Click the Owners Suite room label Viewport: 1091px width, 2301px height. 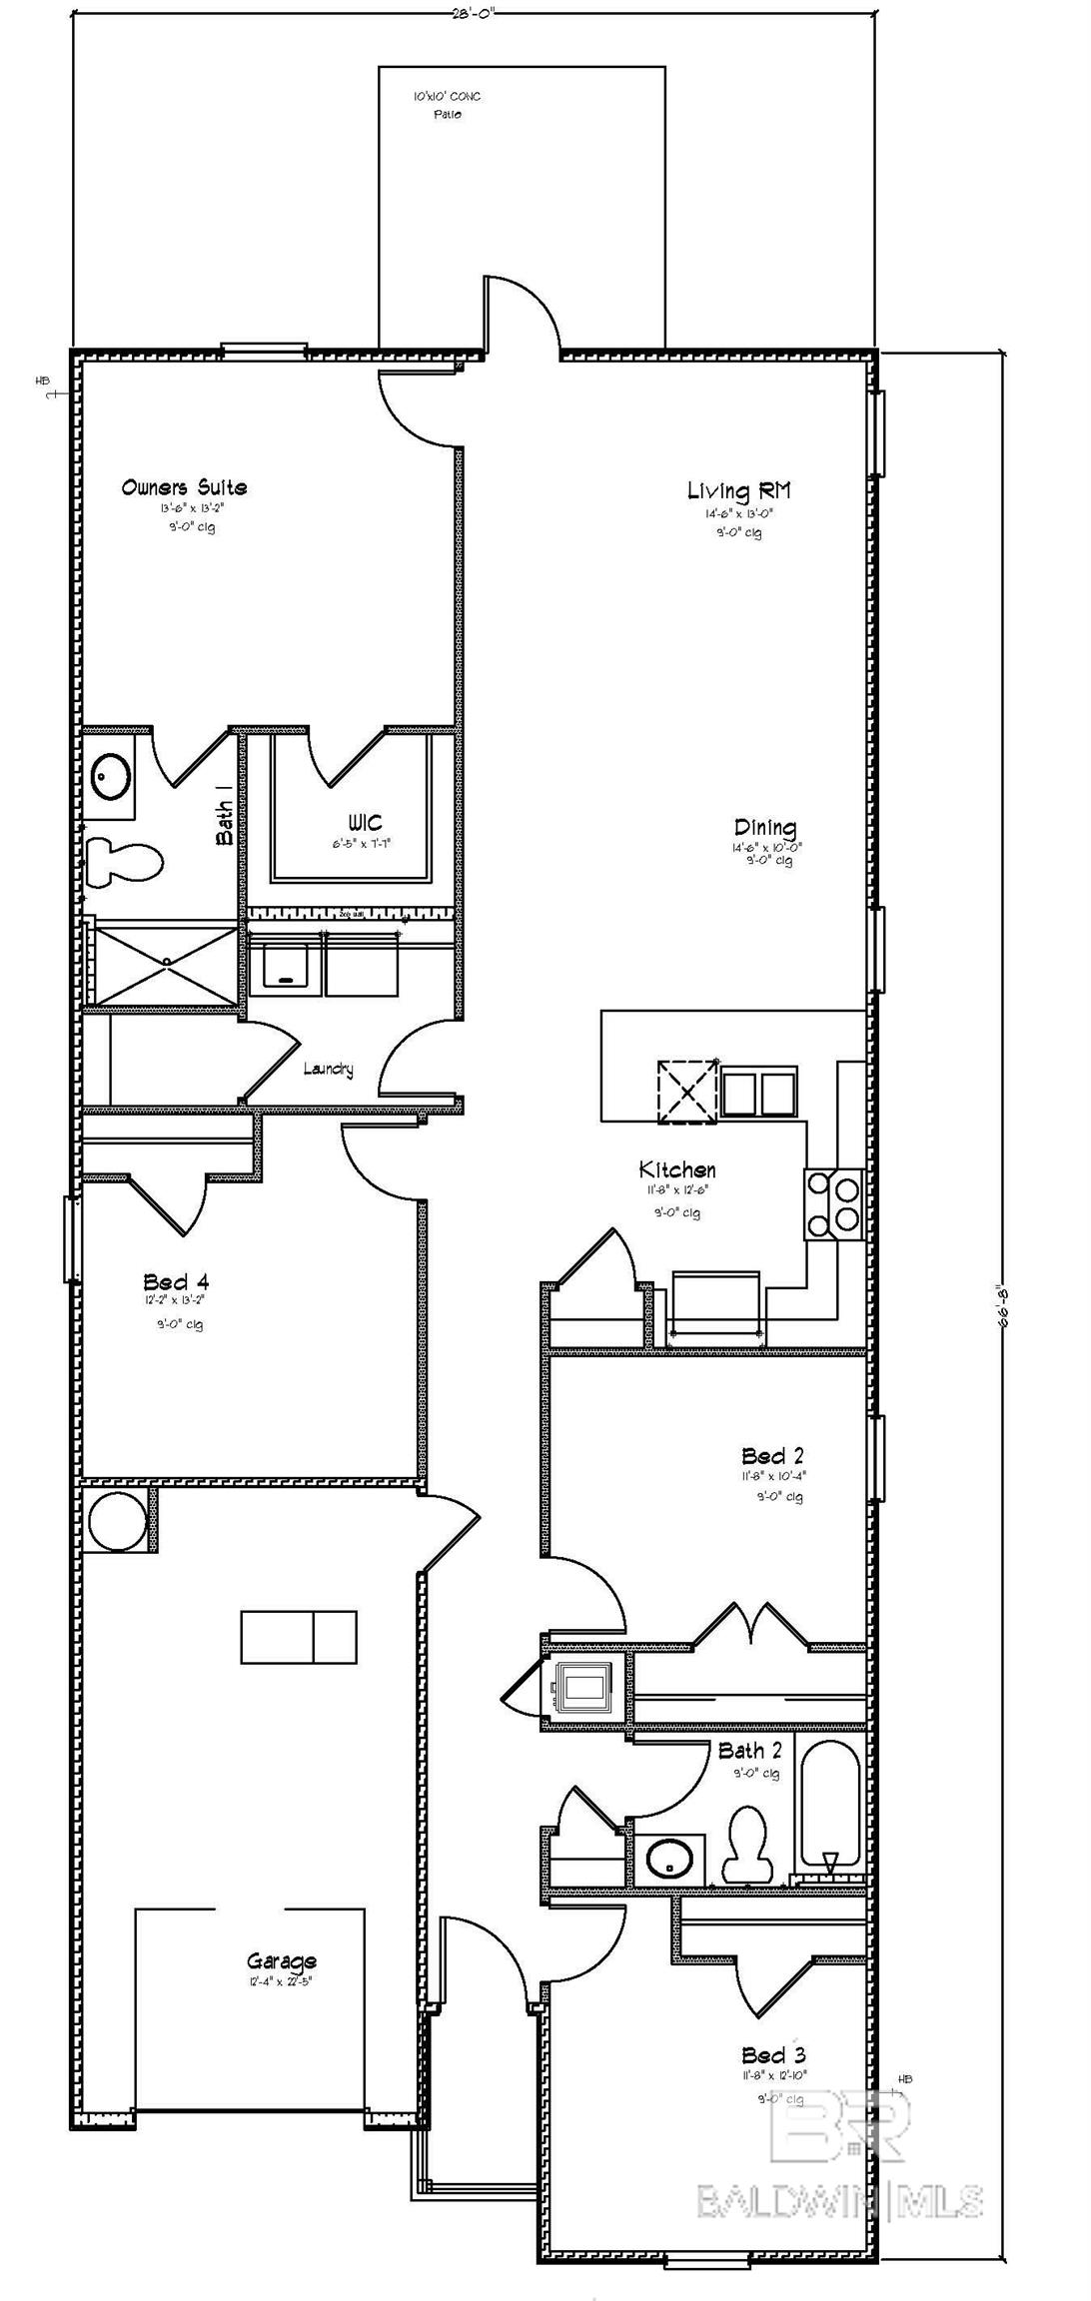coord(184,487)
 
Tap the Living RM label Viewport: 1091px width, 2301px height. coord(738,490)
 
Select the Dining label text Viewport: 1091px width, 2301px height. coord(765,827)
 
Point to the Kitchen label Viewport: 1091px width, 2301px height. coord(677,1169)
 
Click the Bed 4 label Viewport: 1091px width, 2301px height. coord(176,1281)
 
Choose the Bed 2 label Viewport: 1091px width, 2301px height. coord(772,1456)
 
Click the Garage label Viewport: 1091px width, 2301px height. coord(282,1961)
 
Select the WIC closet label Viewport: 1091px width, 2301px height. coord(365,822)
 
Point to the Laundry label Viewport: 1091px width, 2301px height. coord(328,1069)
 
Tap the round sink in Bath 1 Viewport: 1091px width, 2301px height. coord(111,775)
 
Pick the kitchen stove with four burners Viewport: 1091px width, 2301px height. coord(833,1204)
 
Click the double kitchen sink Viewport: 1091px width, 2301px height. coord(759,1093)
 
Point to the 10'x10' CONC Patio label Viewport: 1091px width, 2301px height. coord(447,105)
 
